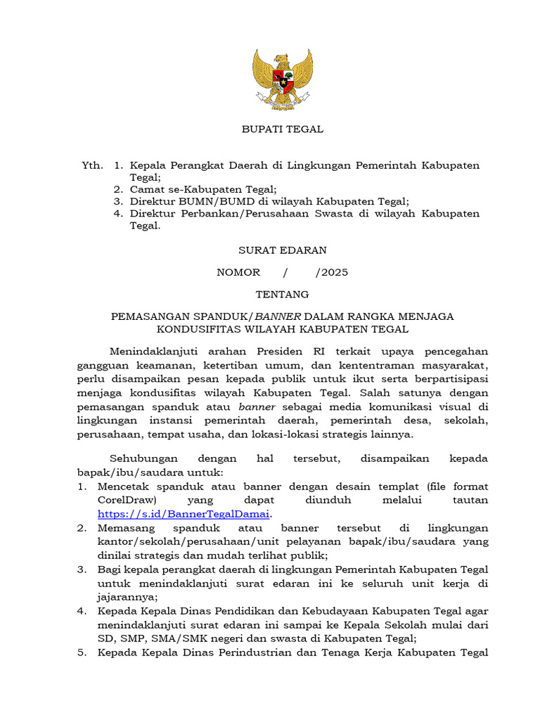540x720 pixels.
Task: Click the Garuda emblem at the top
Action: click(283, 79)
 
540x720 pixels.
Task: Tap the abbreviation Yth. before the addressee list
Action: click(92, 166)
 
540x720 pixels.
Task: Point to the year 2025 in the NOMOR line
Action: click(332, 272)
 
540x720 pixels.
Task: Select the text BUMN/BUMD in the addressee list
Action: click(205, 201)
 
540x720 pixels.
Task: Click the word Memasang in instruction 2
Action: click(124, 527)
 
